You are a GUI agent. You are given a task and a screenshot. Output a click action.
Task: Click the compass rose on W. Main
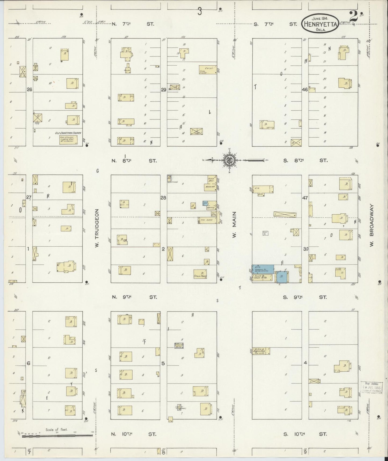(230, 160)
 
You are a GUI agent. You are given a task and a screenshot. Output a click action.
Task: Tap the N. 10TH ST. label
(134, 434)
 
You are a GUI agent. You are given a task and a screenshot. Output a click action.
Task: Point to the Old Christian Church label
(68, 133)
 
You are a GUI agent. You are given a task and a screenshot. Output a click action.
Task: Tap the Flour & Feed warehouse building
(263, 278)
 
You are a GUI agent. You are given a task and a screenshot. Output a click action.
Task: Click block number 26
(29, 90)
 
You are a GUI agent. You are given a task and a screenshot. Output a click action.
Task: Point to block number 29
(164, 90)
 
